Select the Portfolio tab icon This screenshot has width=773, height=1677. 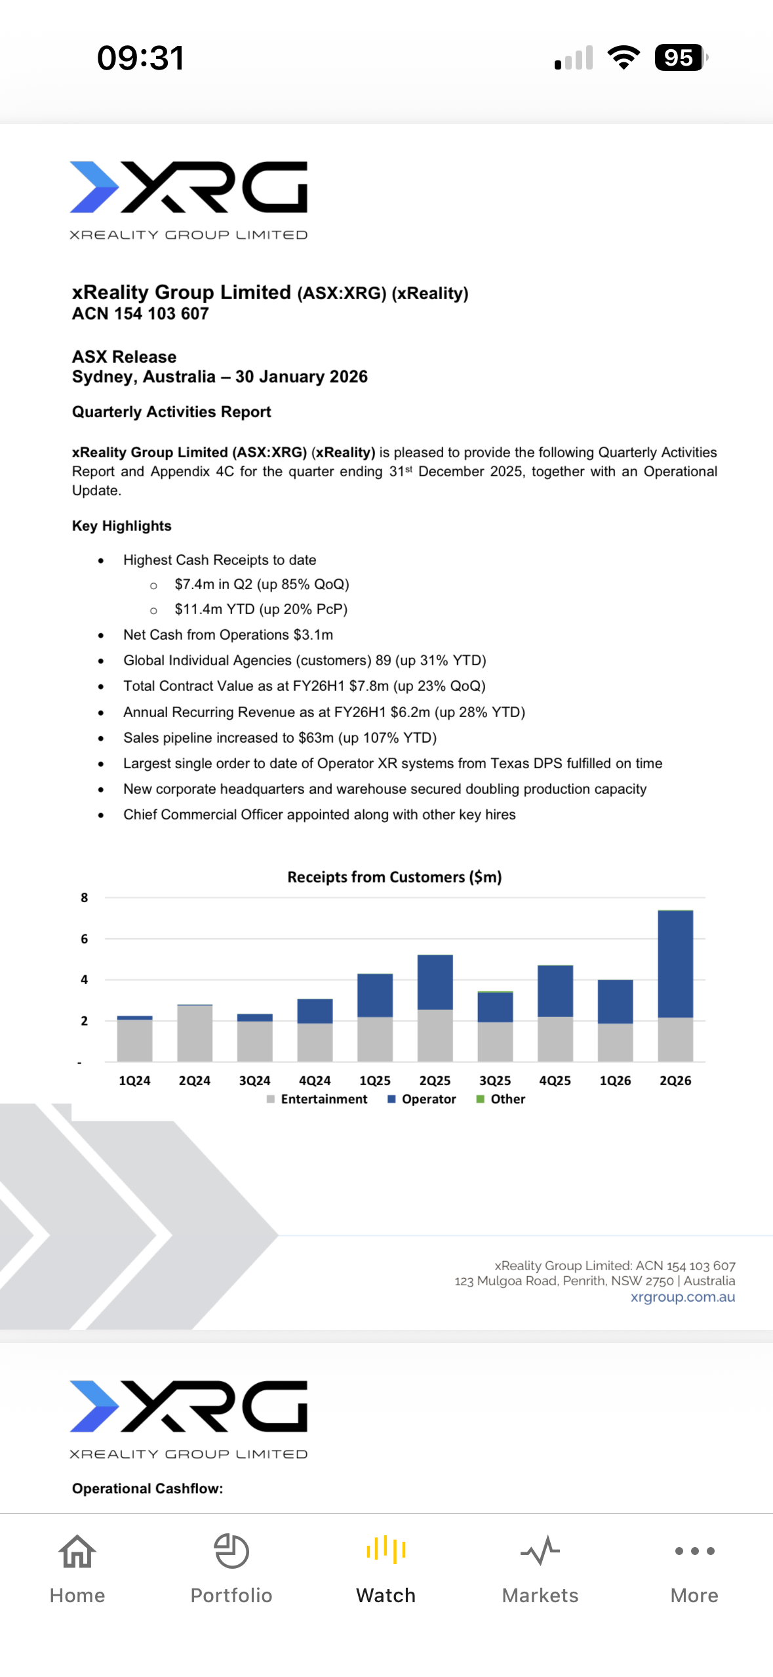[x=231, y=1552]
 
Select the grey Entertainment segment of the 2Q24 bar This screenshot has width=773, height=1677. [x=195, y=1033]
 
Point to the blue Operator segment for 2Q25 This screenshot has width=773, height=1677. [x=435, y=982]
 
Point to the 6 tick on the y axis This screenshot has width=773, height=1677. [x=84, y=939]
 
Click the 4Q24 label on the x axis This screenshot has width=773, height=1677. [x=315, y=1081]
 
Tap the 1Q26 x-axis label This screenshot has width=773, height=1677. [x=615, y=1081]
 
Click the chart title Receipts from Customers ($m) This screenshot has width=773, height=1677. [x=394, y=877]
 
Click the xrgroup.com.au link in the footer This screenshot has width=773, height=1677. [x=683, y=1297]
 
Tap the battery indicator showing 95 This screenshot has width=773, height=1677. [x=680, y=58]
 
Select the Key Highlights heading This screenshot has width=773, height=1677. [x=122, y=526]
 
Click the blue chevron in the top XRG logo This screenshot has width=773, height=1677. [x=94, y=187]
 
